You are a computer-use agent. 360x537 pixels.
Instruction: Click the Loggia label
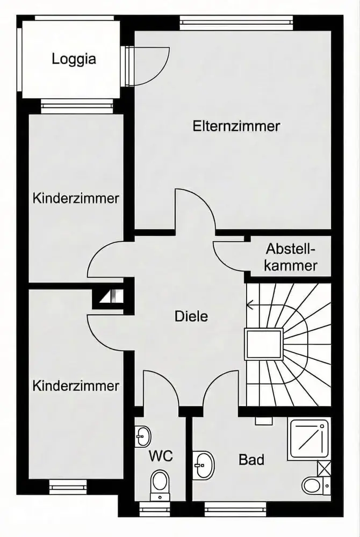tap(74, 59)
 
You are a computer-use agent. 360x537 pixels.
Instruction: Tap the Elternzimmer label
tap(236, 127)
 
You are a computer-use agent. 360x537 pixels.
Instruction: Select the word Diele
tap(191, 316)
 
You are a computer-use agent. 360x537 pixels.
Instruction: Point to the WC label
tap(161, 456)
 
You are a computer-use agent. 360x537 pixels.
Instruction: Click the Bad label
tap(251, 460)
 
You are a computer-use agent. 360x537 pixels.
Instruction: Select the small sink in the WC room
tap(143, 435)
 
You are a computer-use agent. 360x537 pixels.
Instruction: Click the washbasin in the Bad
tap(204, 463)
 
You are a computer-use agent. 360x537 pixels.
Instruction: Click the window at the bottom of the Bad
tap(235, 506)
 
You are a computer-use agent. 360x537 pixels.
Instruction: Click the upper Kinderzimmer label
tap(76, 198)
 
